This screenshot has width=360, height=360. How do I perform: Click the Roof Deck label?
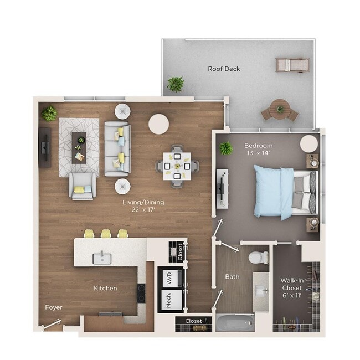[x=224, y=69]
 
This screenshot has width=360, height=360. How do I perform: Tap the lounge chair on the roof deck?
[x=291, y=65]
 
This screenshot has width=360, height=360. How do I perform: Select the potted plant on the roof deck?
[x=176, y=84]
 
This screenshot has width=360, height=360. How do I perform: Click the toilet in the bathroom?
[x=259, y=256]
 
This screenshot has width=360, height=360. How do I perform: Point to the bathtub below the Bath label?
[x=235, y=322]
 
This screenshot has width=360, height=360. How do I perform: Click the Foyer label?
[x=54, y=307]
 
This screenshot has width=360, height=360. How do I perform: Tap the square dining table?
[x=177, y=165]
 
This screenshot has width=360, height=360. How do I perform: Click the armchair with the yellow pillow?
[x=82, y=186]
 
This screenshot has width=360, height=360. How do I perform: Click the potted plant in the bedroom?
[x=225, y=148]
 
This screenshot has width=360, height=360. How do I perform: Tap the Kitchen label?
[x=105, y=288]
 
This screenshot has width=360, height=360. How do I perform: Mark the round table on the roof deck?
[x=280, y=110]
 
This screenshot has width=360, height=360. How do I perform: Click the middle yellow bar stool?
[x=106, y=234]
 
